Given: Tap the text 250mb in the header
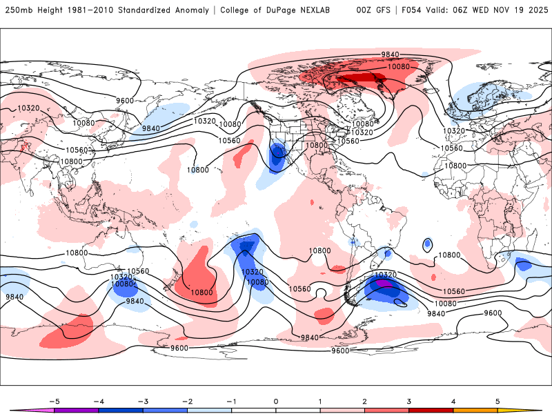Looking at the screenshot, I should [18, 10].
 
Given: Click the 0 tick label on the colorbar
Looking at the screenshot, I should [275, 401].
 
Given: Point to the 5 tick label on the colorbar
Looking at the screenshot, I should [497, 401].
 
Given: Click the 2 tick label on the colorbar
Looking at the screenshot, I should [364, 401].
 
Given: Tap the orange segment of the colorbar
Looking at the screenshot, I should [475, 410].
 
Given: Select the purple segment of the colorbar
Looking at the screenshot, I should [76, 410].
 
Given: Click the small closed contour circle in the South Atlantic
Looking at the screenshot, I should [428, 244].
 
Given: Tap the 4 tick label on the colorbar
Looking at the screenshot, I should [453, 401].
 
